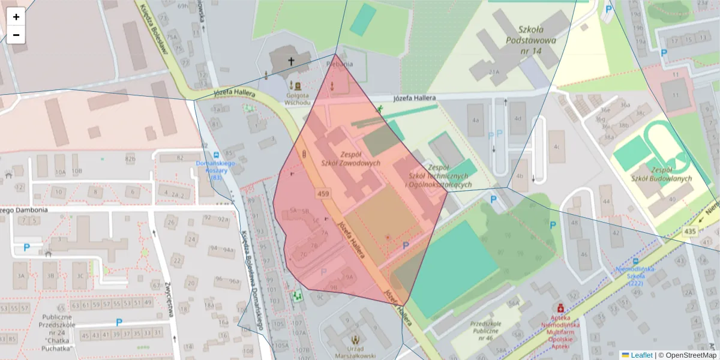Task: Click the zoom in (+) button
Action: tap(16, 16)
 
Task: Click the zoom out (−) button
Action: tap(16, 35)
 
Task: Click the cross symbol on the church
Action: tap(292, 61)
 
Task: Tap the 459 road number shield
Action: tap(324, 193)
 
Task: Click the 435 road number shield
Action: tap(690, 231)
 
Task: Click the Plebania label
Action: tap(340, 64)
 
